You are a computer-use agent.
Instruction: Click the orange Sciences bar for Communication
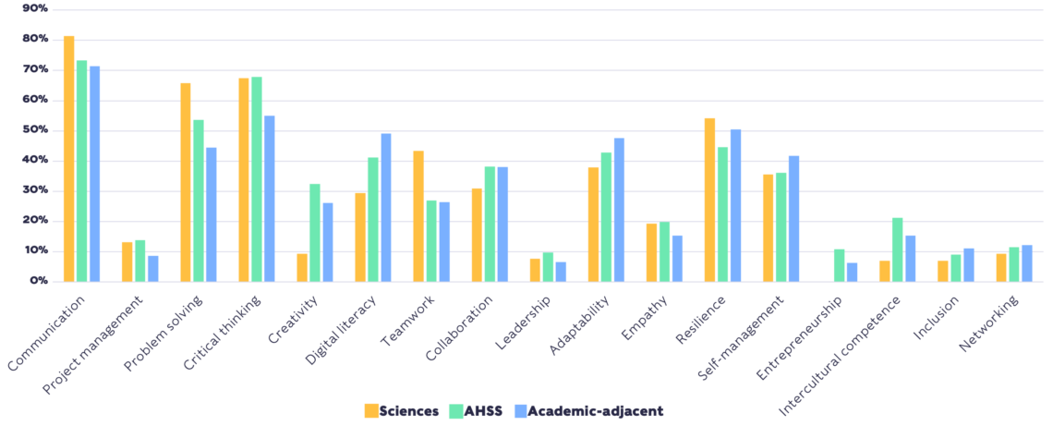coord(68,158)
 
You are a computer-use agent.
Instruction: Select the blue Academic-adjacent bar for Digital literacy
coord(386,207)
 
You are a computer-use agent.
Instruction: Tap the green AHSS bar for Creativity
coord(315,232)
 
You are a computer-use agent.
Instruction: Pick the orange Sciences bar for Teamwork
coord(418,215)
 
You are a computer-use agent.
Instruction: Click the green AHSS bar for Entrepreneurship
coord(839,265)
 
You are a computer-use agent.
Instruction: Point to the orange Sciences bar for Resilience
coord(709,200)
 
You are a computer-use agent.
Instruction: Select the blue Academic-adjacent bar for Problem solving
coord(211,214)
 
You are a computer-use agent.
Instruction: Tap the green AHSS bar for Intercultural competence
coord(897,250)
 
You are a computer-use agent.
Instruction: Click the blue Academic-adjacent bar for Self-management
coord(793,218)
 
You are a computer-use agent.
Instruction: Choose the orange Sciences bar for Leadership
coord(535,270)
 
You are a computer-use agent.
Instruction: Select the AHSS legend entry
coord(476,410)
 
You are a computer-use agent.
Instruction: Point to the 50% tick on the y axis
coord(36,129)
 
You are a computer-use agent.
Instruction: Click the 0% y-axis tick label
coord(39,280)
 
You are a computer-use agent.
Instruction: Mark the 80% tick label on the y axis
coord(36,39)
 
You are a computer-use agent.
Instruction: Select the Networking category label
coord(988,323)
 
